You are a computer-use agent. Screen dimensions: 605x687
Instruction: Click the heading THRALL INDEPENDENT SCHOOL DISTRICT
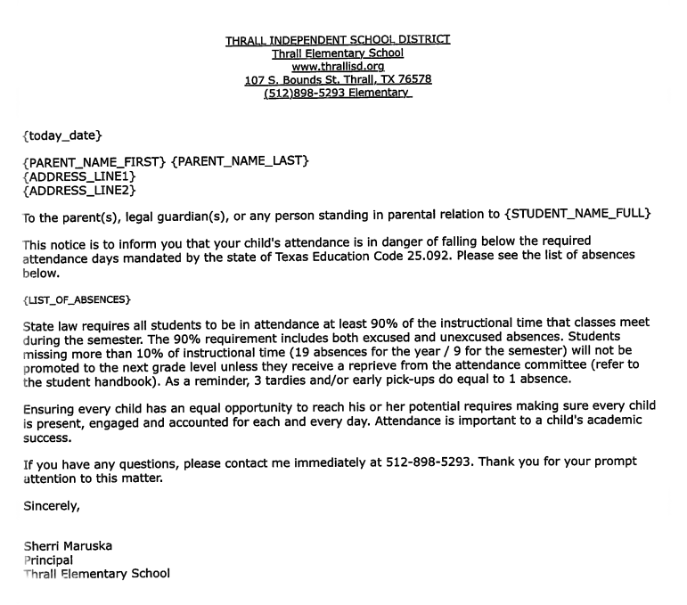click(x=338, y=39)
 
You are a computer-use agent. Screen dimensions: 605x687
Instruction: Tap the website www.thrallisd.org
click(x=338, y=66)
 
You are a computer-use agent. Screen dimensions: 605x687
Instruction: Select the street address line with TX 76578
click(x=338, y=79)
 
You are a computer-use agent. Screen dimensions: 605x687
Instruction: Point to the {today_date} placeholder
click(x=62, y=135)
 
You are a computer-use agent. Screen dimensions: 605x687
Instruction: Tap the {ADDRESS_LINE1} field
click(x=78, y=176)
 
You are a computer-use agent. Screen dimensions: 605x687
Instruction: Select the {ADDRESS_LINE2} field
click(x=78, y=190)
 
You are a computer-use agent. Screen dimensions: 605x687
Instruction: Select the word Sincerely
click(x=51, y=507)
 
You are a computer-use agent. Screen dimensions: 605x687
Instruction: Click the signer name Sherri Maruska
click(x=68, y=546)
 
